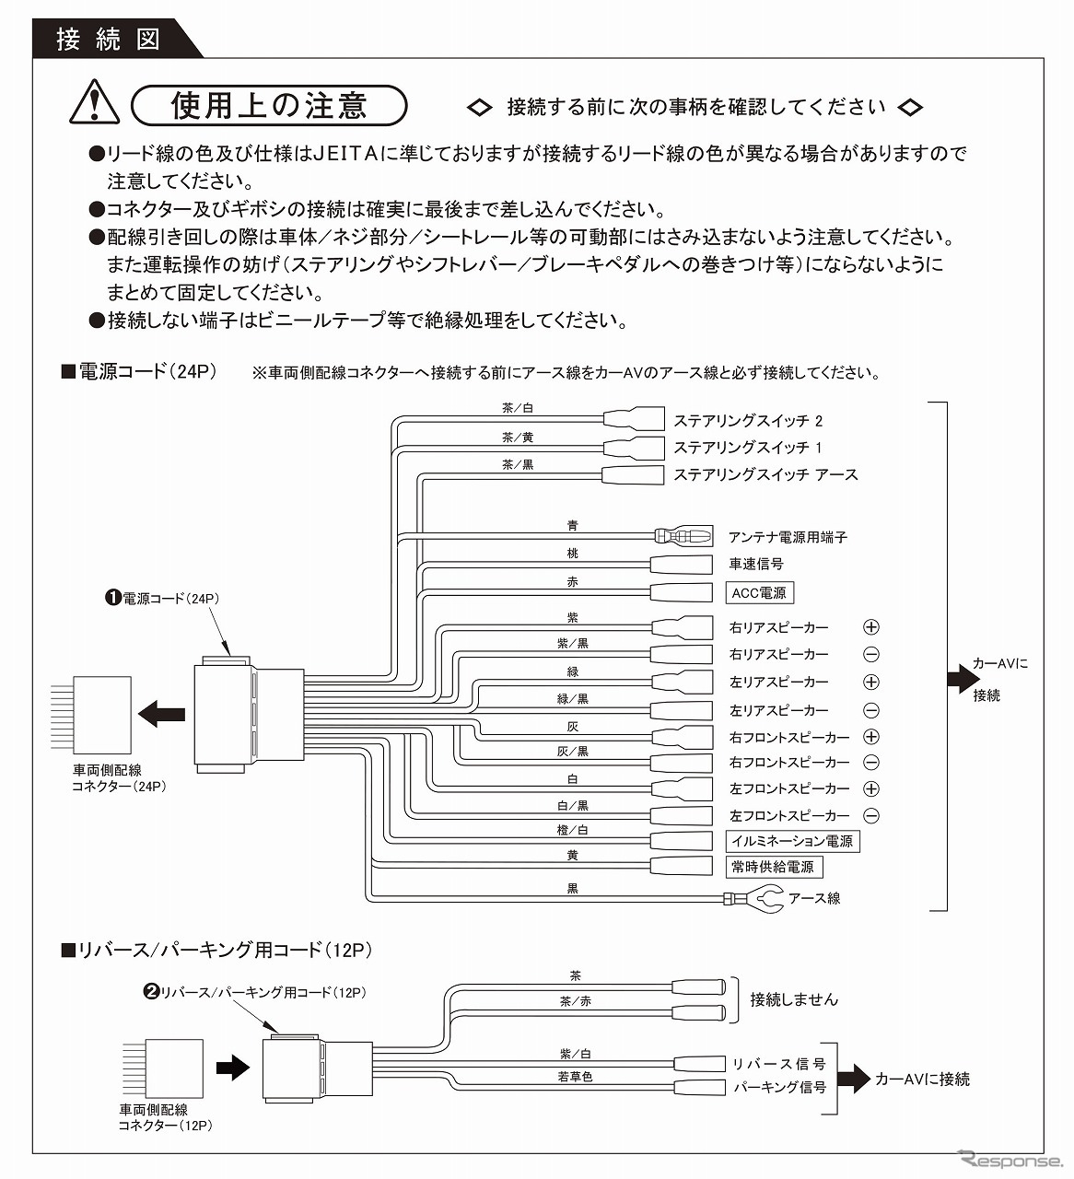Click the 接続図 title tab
(108, 39)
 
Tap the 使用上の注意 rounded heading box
(269, 106)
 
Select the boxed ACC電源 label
(759, 592)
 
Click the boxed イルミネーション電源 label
(792, 840)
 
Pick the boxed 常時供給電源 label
(773, 867)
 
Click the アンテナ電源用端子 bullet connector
(683, 535)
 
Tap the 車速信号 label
(755, 564)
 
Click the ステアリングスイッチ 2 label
(747, 421)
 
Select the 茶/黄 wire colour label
(518, 438)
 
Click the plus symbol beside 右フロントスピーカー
(870, 737)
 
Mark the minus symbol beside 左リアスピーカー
(870, 710)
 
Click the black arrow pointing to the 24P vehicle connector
(161, 712)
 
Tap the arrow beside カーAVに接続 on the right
(963, 680)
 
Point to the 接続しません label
(794, 998)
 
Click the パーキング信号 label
(779, 1087)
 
